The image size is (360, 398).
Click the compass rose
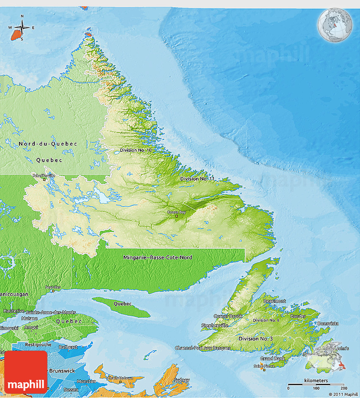22,28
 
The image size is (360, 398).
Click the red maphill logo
26,372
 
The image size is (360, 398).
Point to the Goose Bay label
176,212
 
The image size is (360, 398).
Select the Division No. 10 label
136,150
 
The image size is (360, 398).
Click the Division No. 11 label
197,179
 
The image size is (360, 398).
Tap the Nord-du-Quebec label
48,144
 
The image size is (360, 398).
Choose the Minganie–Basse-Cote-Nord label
158,257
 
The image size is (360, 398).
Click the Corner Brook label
228,316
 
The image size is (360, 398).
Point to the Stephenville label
215,325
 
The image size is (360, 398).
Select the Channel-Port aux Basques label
203,348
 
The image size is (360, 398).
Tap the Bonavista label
328,323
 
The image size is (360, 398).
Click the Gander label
298,316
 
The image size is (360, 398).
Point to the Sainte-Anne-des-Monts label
51,312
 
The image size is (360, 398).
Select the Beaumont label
274,301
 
